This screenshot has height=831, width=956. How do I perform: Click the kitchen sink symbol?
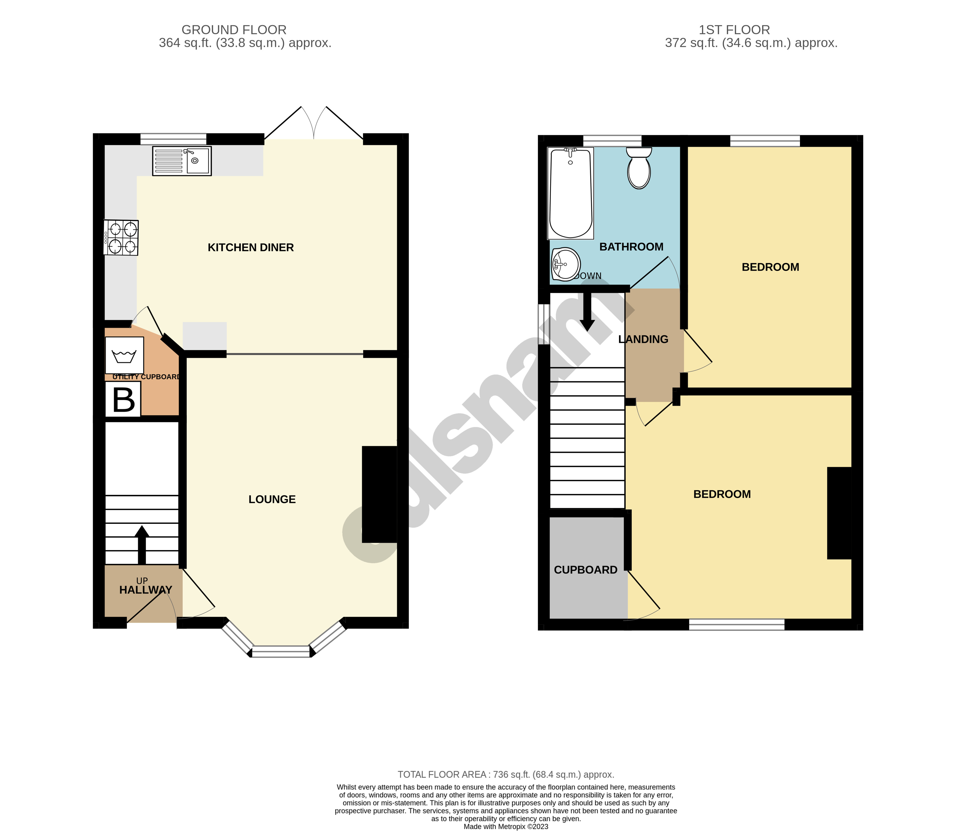pos(182,161)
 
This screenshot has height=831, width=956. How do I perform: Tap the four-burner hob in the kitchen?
pos(121,237)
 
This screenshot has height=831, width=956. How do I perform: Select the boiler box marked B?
pos(123,400)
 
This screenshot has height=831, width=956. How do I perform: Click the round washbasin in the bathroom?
pos(566,264)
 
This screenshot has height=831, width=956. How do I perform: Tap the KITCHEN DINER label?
pos(251,248)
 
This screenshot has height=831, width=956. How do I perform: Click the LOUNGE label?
pos(272,499)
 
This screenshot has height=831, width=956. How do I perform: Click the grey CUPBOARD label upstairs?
pos(586,570)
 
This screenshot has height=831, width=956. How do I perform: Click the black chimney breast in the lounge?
pos(379,494)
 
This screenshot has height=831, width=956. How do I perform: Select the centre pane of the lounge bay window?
pos(281,651)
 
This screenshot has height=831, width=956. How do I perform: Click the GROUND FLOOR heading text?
pos(234,30)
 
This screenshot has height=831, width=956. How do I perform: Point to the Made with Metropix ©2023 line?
pos(506,826)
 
